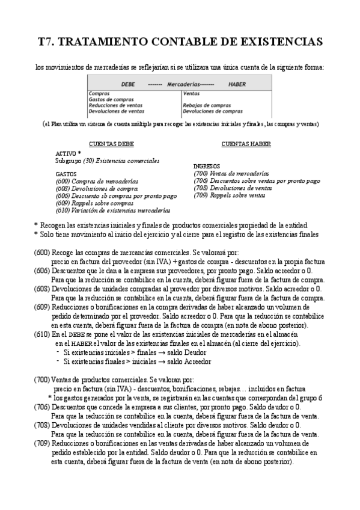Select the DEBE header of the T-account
pyautogui.click(x=127, y=85)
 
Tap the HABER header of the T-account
pyautogui.click(x=237, y=85)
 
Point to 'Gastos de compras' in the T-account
pyautogui.click(x=111, y=99)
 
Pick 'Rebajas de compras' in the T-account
pyautogui.click(x=207, y=105)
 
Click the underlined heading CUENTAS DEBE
pyautogui.click(x=111, y=144)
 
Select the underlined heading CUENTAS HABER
pyautogui.click(x=246, y=144)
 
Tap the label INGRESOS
pyautogui.click(x=206, y=166)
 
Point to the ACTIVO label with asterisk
pyautogui.click(x=68, y=154)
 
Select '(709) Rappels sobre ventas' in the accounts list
pyautogui.click(x=229, y=195)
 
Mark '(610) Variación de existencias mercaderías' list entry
pyautogui.click(x=112, y=210)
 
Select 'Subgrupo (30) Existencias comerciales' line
pyautogui.click(x=107, y=161)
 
